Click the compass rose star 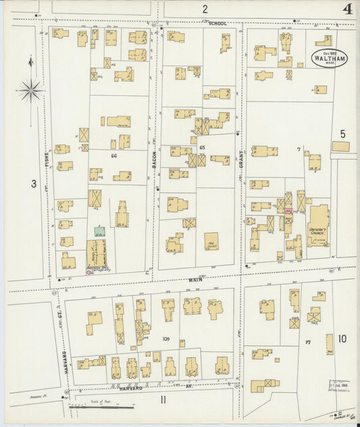tap(30, 89)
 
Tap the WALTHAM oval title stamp tap(330, 58)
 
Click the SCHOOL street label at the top tap(217, 24)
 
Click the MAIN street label tap(195, 278)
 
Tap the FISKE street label tap(47, 159)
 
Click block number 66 tap(114, 155)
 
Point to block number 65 tap(201, 147)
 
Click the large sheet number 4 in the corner tap(347, 9)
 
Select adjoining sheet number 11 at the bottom tap(163, 400)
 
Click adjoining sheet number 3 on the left tap(32, 182)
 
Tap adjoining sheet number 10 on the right tap(342, 338)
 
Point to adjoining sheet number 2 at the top tap(204, 8)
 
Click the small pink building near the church tap(288, 211)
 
